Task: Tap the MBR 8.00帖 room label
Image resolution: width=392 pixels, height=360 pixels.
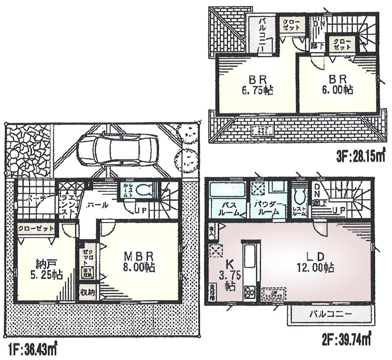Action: click(138, 262)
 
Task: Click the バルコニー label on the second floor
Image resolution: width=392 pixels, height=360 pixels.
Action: click(330, 314)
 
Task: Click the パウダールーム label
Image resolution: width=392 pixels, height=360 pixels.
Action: click(269, 208)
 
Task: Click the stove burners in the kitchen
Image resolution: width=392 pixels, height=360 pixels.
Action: click(250, 292)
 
